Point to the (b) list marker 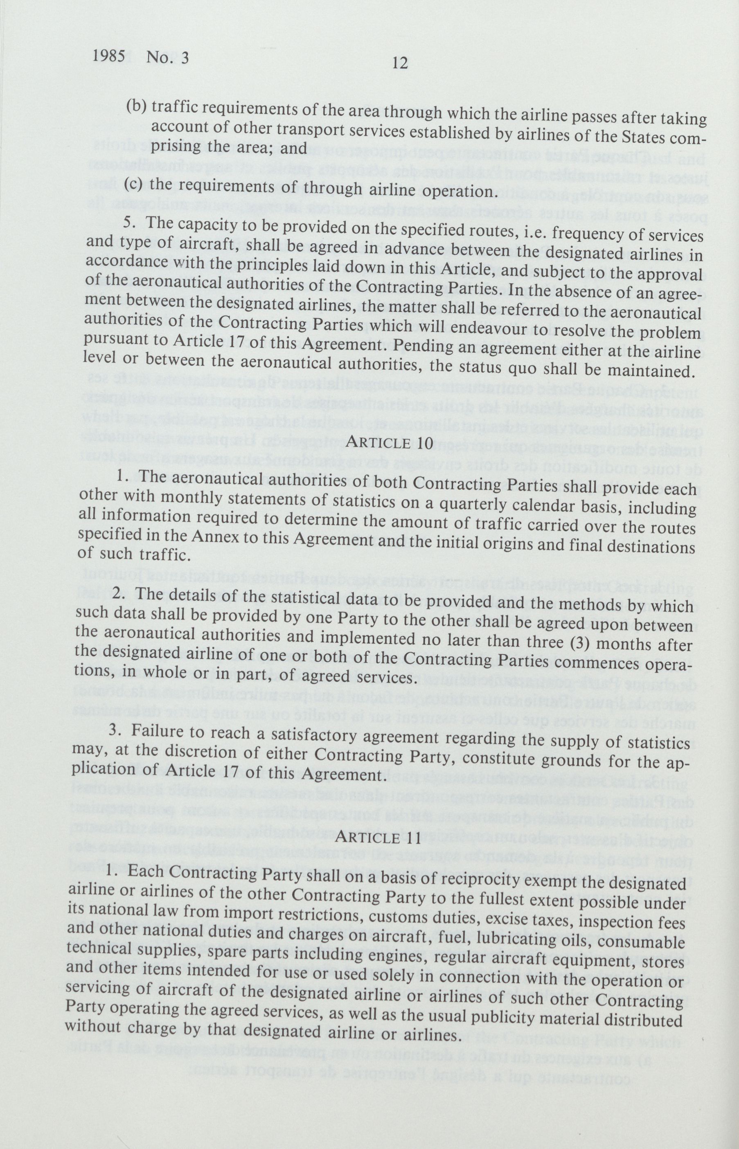pyautogui.click(x=136, y=106)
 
